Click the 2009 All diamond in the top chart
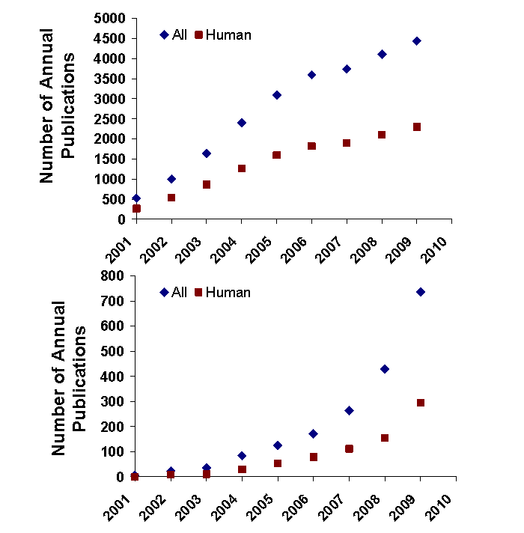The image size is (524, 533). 416,41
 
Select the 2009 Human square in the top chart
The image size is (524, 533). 416,127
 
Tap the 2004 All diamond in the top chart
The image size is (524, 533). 242,123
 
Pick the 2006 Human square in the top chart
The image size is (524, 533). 311,146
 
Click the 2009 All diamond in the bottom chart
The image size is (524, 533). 420,292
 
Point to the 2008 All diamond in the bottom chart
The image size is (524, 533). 385,369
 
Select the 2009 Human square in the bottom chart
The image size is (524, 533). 420,403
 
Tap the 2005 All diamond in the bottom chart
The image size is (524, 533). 277,445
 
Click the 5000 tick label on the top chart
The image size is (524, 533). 109,18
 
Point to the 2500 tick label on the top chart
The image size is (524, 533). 109,118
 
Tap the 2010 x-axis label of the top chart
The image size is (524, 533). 438,249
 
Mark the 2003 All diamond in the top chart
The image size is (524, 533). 207,153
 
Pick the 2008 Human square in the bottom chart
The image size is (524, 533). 385,438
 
